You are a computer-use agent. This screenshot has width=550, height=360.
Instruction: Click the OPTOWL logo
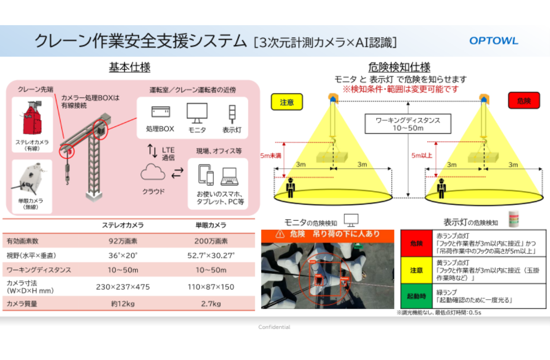(x=494, y=41)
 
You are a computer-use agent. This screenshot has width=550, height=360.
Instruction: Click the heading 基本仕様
(x=129, y=68)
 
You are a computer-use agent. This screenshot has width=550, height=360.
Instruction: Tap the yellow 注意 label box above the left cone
(x=287, y=102)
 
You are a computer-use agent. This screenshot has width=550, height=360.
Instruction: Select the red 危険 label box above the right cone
(x=524, y=101)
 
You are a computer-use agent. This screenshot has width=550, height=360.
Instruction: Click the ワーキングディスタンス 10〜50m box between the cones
(x=407, y=124)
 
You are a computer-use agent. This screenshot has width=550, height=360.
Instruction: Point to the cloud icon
(x=153, y=173)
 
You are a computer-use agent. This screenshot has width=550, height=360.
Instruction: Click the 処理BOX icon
(x=160, y=112)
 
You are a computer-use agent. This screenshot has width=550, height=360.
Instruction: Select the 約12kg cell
(x=122, y=304)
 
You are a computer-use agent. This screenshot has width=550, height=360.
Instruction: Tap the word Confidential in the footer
(x=274, y=327)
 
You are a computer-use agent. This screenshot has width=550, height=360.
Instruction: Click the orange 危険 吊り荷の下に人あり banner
(x=327, y=235)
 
